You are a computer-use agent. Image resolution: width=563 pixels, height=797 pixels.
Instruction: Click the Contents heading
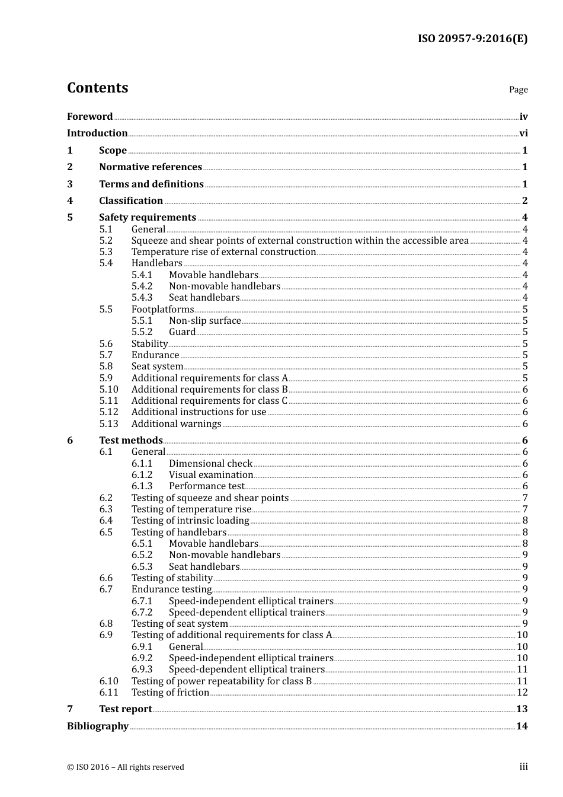click(97, 88)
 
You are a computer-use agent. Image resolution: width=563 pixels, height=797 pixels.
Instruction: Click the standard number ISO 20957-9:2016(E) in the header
click(472, 39)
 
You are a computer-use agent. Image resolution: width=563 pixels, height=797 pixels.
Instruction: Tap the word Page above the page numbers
click(518, 90)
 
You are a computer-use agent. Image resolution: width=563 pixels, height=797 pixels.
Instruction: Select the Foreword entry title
click(89, 116)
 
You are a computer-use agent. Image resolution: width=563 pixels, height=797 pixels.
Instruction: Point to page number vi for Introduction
click(523, 133)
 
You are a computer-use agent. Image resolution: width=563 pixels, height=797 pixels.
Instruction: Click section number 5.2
click(105, 240)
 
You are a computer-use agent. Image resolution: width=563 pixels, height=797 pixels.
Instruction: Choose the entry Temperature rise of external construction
click(223, 251)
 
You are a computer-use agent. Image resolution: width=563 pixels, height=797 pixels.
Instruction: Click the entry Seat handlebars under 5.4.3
click(204, 297)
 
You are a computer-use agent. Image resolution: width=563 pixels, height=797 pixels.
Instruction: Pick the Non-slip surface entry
click(204, 320)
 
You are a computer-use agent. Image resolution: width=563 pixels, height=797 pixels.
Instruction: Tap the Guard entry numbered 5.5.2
click(182, 331)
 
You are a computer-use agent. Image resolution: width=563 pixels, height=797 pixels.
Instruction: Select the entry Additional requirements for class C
click(209, 400)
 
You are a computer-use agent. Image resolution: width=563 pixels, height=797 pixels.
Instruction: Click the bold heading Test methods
click(130, 440)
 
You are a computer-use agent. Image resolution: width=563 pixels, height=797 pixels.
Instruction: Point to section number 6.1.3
click(142, 486)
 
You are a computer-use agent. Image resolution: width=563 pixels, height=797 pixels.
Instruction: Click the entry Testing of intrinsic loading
click(190, 520)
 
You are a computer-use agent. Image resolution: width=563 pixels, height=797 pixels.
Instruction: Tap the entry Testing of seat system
click(180, 623)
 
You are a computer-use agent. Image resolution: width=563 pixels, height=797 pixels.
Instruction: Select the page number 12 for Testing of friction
click(522, 692)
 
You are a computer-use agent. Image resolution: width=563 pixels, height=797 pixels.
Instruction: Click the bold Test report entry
click(125, 709)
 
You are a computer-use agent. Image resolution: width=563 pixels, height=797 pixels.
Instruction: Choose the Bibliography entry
click(97, 726)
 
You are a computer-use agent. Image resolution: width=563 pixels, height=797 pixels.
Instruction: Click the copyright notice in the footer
click(125, 767)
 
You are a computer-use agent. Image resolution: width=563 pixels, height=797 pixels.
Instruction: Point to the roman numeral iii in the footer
click(523, 766)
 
